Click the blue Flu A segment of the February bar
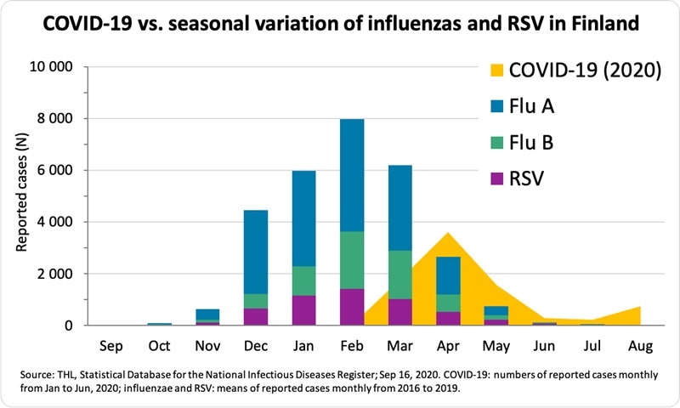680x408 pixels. pyautogui.click(x=352, y=175)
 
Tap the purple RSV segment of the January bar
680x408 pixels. pyautogui.click(x=303, y=310)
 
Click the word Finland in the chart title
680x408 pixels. pyautogui.click(x=593, y=24)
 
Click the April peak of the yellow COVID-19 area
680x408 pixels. pyautogui.click(x=448, y=235)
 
